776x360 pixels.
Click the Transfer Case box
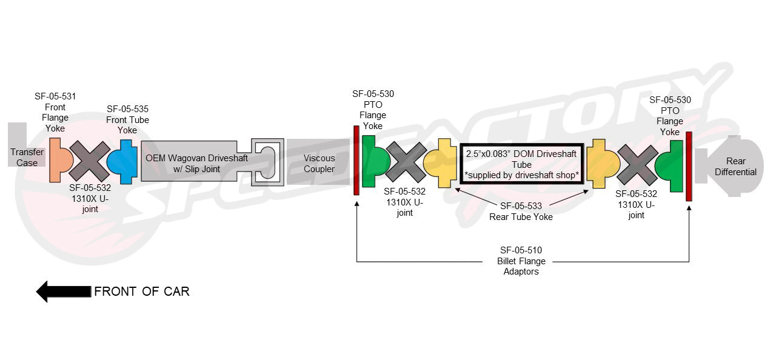coord(27,158)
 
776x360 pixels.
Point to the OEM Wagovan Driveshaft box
coord(188,162)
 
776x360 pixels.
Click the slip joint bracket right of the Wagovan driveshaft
coord(267,162)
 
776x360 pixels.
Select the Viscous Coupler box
coord(318,163)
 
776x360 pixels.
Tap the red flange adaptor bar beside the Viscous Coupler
coord(356,161)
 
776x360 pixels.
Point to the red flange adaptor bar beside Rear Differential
coord(689,166)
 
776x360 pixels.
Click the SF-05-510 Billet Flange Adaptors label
coord(521,261)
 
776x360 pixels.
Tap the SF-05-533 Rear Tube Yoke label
coord(521,211)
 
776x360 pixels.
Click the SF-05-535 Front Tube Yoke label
coord(127,119)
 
